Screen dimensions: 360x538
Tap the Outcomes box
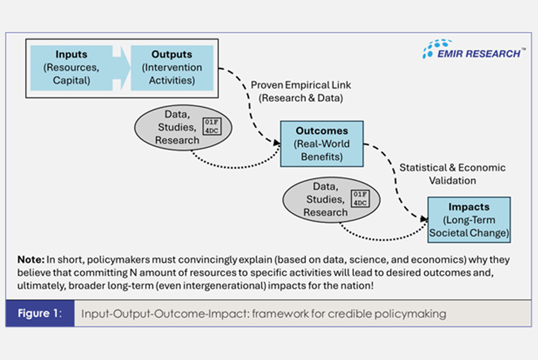tap(322, 143)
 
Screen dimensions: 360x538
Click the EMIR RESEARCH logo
tap(475, 50)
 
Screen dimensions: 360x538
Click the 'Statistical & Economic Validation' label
tap(452, 174)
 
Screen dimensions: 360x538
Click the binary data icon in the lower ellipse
tap(361, 199)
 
